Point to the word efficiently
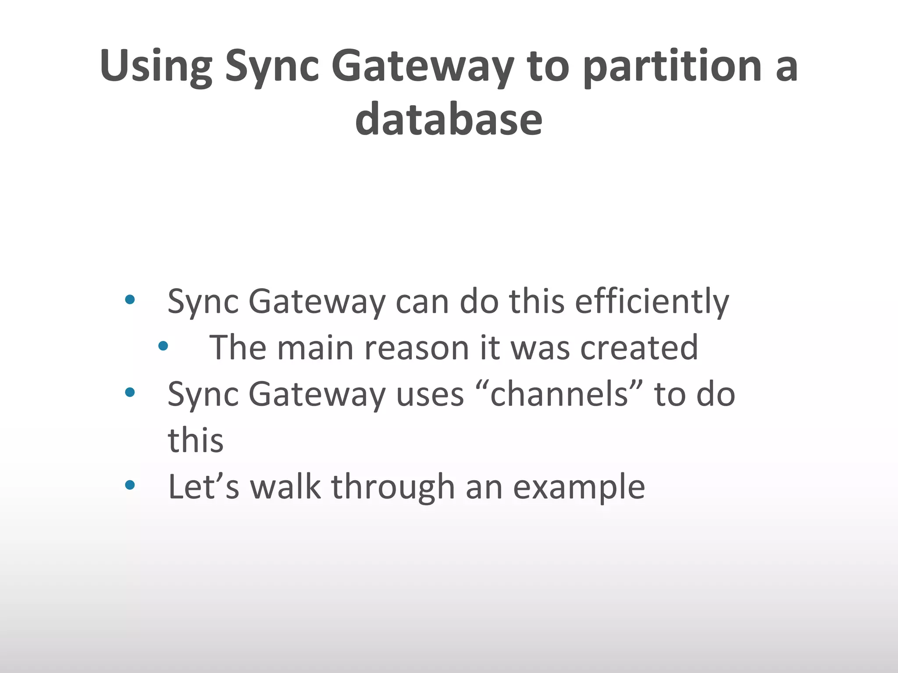tap(652, 302)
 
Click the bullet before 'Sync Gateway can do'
tap(129, 300)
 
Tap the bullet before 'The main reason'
tap(163, 346)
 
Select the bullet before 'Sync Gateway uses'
tap(129, 392)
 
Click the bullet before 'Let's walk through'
tap(129, 485)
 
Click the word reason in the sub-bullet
tap(417, 348)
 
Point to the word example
tap(579, 487)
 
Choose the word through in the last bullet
tap(393, 487)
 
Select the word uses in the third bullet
tap(430, 395)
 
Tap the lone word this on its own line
tap(196, 440)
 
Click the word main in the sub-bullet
tap(315, 348)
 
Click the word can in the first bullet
tap(422, 303)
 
